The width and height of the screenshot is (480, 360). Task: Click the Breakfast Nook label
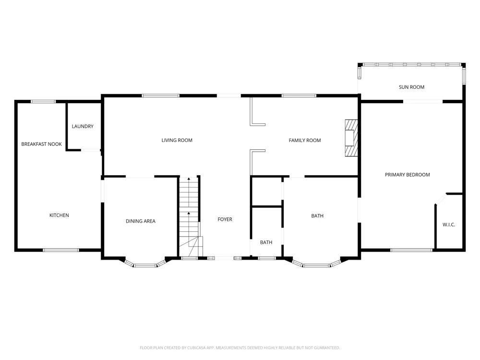click(42, 144)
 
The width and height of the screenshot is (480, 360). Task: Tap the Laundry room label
click(83, 126)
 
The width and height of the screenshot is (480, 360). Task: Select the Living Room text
click(177, 140)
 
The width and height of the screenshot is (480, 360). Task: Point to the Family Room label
click(305, 140)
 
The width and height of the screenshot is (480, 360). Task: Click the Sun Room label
click(411, 87)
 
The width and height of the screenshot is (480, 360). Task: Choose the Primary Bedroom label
click(408, 175)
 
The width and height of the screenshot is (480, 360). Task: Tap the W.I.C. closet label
click(449, 224)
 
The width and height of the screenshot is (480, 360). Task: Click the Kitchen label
click(59, 215)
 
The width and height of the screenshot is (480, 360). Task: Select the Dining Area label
click(141, 221)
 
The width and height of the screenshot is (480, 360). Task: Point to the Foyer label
click(225, 219)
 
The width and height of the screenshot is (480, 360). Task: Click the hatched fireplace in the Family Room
click(351, 138)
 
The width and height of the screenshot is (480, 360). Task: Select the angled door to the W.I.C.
click(441, 199)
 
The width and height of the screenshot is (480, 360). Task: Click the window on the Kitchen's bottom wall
click(61, 250)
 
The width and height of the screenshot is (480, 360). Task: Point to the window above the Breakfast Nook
click(43, 102)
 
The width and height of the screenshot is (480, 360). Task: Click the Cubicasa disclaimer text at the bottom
click(240, 348)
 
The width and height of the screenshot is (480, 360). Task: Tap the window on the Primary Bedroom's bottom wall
click(411, 250)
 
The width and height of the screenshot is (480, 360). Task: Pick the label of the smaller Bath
click(266, 242)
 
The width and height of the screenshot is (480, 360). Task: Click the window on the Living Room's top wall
click(161, 96)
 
